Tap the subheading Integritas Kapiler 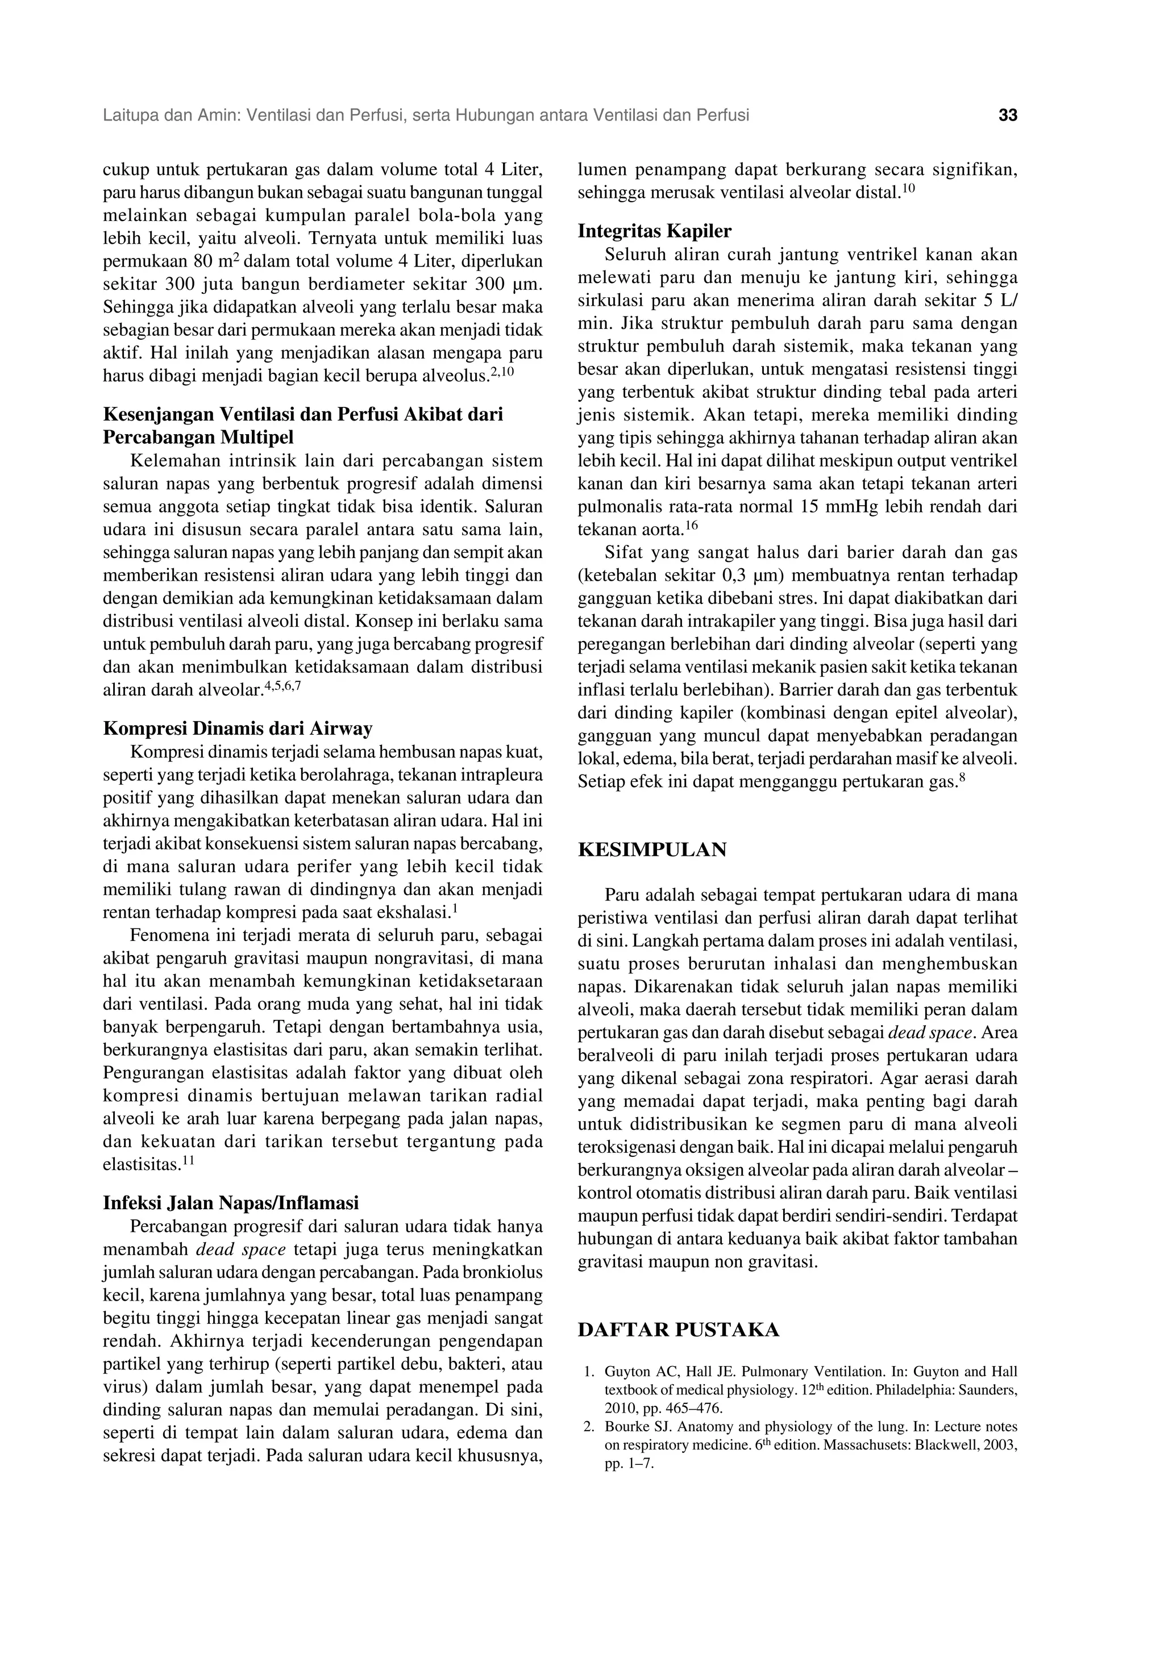click(x=654, y=231)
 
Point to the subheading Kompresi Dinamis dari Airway click(x=238, y=727)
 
